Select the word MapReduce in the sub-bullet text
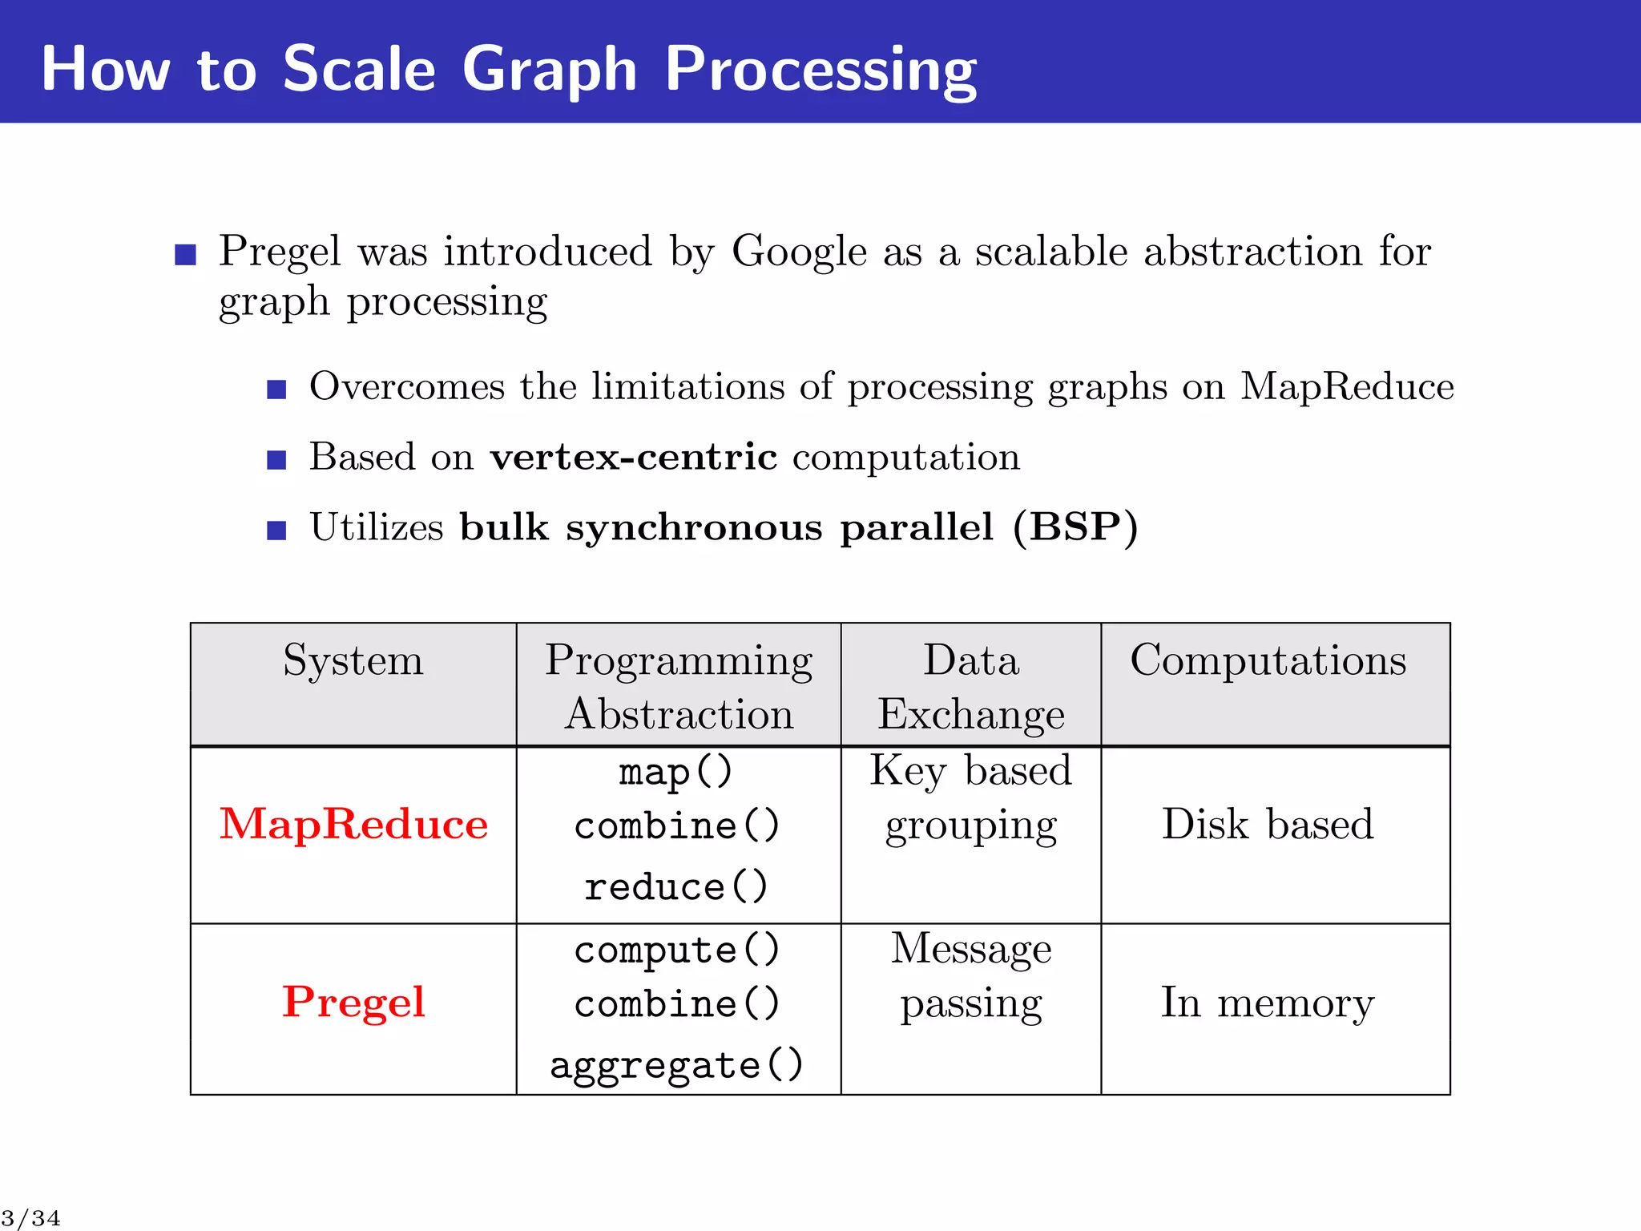click(1347, 386)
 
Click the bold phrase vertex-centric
click(633, 457)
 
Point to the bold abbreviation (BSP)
click(1075, 527)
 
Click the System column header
click(353, 661)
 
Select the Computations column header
click(1268, 661)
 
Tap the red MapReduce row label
click(353, 824)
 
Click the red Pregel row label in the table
click(353, 1002)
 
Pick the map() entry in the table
click(676, 773)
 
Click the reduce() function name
click(676, 887)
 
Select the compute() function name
click(676, 950)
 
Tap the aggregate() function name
click(676, 1065)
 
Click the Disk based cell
click(1268, 824)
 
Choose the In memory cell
click(1268, 1002)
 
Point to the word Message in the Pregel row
click(971, 949)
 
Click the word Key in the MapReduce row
click(908, 772)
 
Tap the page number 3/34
click(31, 1218)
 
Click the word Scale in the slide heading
click(359, 69)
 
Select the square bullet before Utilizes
click(276, 530)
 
